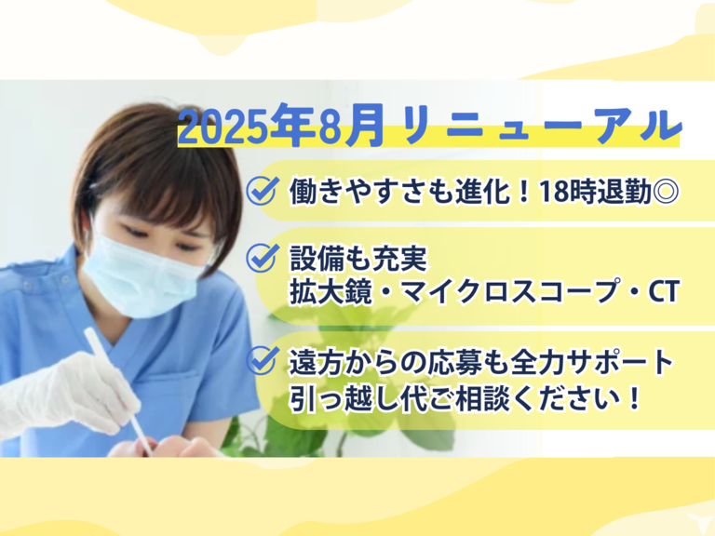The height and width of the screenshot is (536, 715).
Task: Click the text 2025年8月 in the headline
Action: click(281, 126)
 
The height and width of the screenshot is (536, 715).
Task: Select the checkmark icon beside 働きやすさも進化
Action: click(263, 190)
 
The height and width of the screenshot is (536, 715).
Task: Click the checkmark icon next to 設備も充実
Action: click(263, 258)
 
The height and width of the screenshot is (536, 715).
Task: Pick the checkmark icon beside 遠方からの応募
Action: click(263, 360)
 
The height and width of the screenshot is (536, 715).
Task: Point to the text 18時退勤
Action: click(595, 191)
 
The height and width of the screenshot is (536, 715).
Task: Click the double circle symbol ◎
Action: click(666, 192)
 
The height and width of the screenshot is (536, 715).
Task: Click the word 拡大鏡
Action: click(331, 291)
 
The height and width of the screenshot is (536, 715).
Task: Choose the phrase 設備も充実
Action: click(358, 259)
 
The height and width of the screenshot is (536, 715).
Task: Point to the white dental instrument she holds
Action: click(118, 391)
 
